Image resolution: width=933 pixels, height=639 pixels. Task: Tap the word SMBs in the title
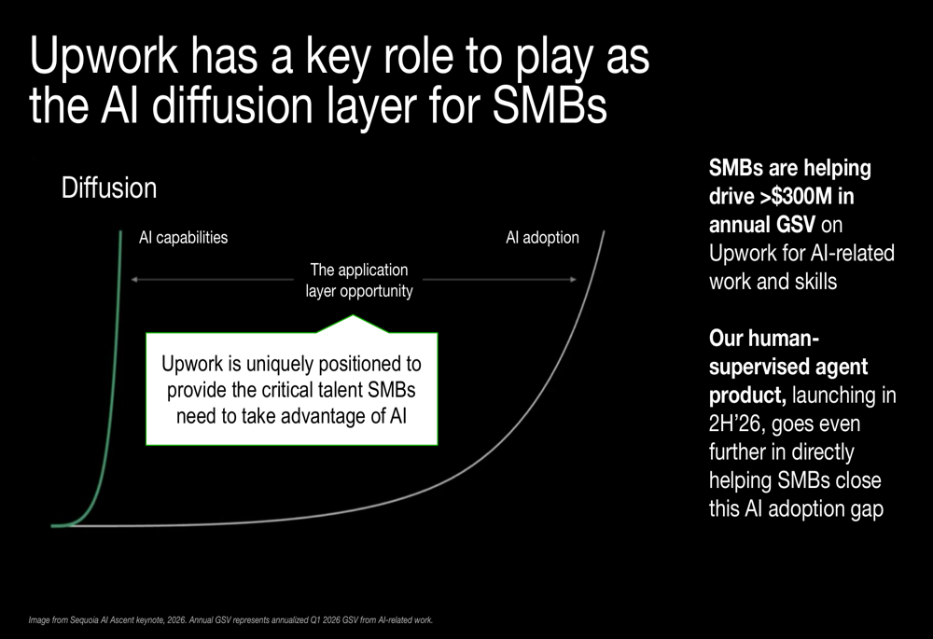pos(550,105)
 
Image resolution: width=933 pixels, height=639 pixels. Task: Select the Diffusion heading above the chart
pos(109,188)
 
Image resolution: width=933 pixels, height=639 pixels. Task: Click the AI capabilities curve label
pos(183,237)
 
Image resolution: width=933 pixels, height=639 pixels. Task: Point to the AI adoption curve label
pos(542,237)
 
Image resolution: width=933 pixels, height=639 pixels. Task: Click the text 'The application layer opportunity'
pos(359,280)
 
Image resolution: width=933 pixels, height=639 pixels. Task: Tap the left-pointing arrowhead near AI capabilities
pos(134,279)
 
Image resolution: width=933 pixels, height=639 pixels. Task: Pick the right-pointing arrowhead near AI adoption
pos(573,279)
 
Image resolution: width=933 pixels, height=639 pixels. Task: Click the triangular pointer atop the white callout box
pos(353,324)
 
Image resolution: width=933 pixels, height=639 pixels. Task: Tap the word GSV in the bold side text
pos(795,224)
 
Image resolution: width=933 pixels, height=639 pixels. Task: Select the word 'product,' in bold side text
pos(748,396)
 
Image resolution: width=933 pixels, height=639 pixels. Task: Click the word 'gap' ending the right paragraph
pos(867,510)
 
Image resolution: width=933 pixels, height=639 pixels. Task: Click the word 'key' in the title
pos(338,58)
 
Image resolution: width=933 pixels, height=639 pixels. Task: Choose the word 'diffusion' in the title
pos(232,105)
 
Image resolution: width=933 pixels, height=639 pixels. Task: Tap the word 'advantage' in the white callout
pos(322,416)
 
